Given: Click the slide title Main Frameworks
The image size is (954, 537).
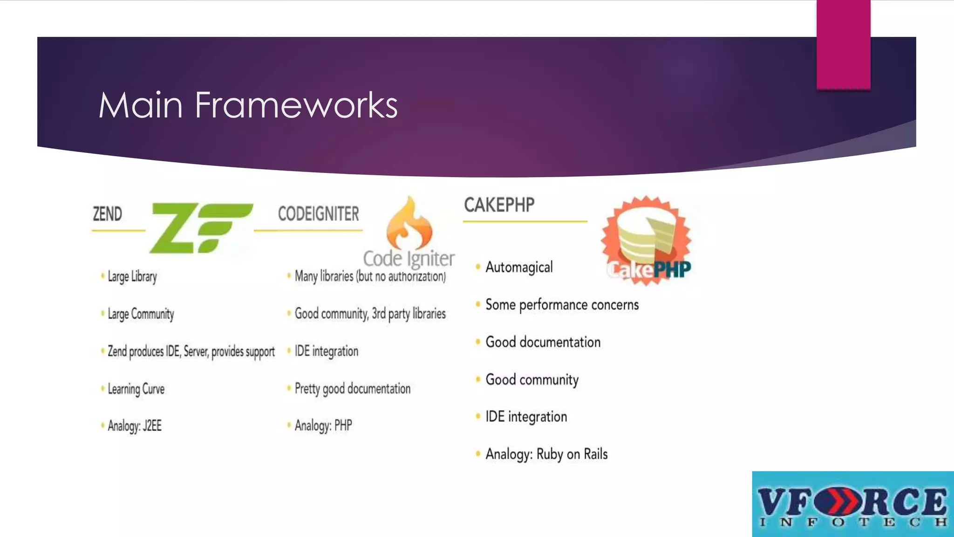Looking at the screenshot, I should [x=248, y=105].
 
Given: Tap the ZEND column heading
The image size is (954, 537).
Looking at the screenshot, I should [x=107, y=214].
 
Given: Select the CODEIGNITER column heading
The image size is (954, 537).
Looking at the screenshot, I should [x=319, y=214].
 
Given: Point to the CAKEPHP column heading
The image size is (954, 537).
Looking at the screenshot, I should [x=499, y=205].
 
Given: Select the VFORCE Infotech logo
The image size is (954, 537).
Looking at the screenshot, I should [x=852, y=504].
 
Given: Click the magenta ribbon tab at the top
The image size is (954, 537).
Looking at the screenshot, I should [x=843, y=44].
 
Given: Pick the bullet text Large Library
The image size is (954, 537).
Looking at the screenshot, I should [x=132, y=276].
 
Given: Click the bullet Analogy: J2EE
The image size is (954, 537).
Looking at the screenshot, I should [x=135, y=426].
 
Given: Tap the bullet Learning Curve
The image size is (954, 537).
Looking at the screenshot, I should [x=136, y=389].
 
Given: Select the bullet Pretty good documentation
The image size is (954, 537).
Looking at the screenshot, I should [x=353, y=388].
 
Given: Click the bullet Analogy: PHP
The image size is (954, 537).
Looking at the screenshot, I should [x=323, y=426].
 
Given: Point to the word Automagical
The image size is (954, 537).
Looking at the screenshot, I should [x=519, y=267].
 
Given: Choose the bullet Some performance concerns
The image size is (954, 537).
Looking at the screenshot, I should [x=562, y=305].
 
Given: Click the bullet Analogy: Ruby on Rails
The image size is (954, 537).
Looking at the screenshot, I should [x=546, y=454].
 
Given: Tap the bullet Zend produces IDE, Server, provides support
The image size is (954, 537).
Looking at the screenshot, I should [x=191, y=351].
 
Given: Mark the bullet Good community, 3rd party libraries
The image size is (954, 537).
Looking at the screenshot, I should [x=370, y=314].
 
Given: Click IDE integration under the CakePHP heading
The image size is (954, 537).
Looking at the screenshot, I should [x=526, y=417].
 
